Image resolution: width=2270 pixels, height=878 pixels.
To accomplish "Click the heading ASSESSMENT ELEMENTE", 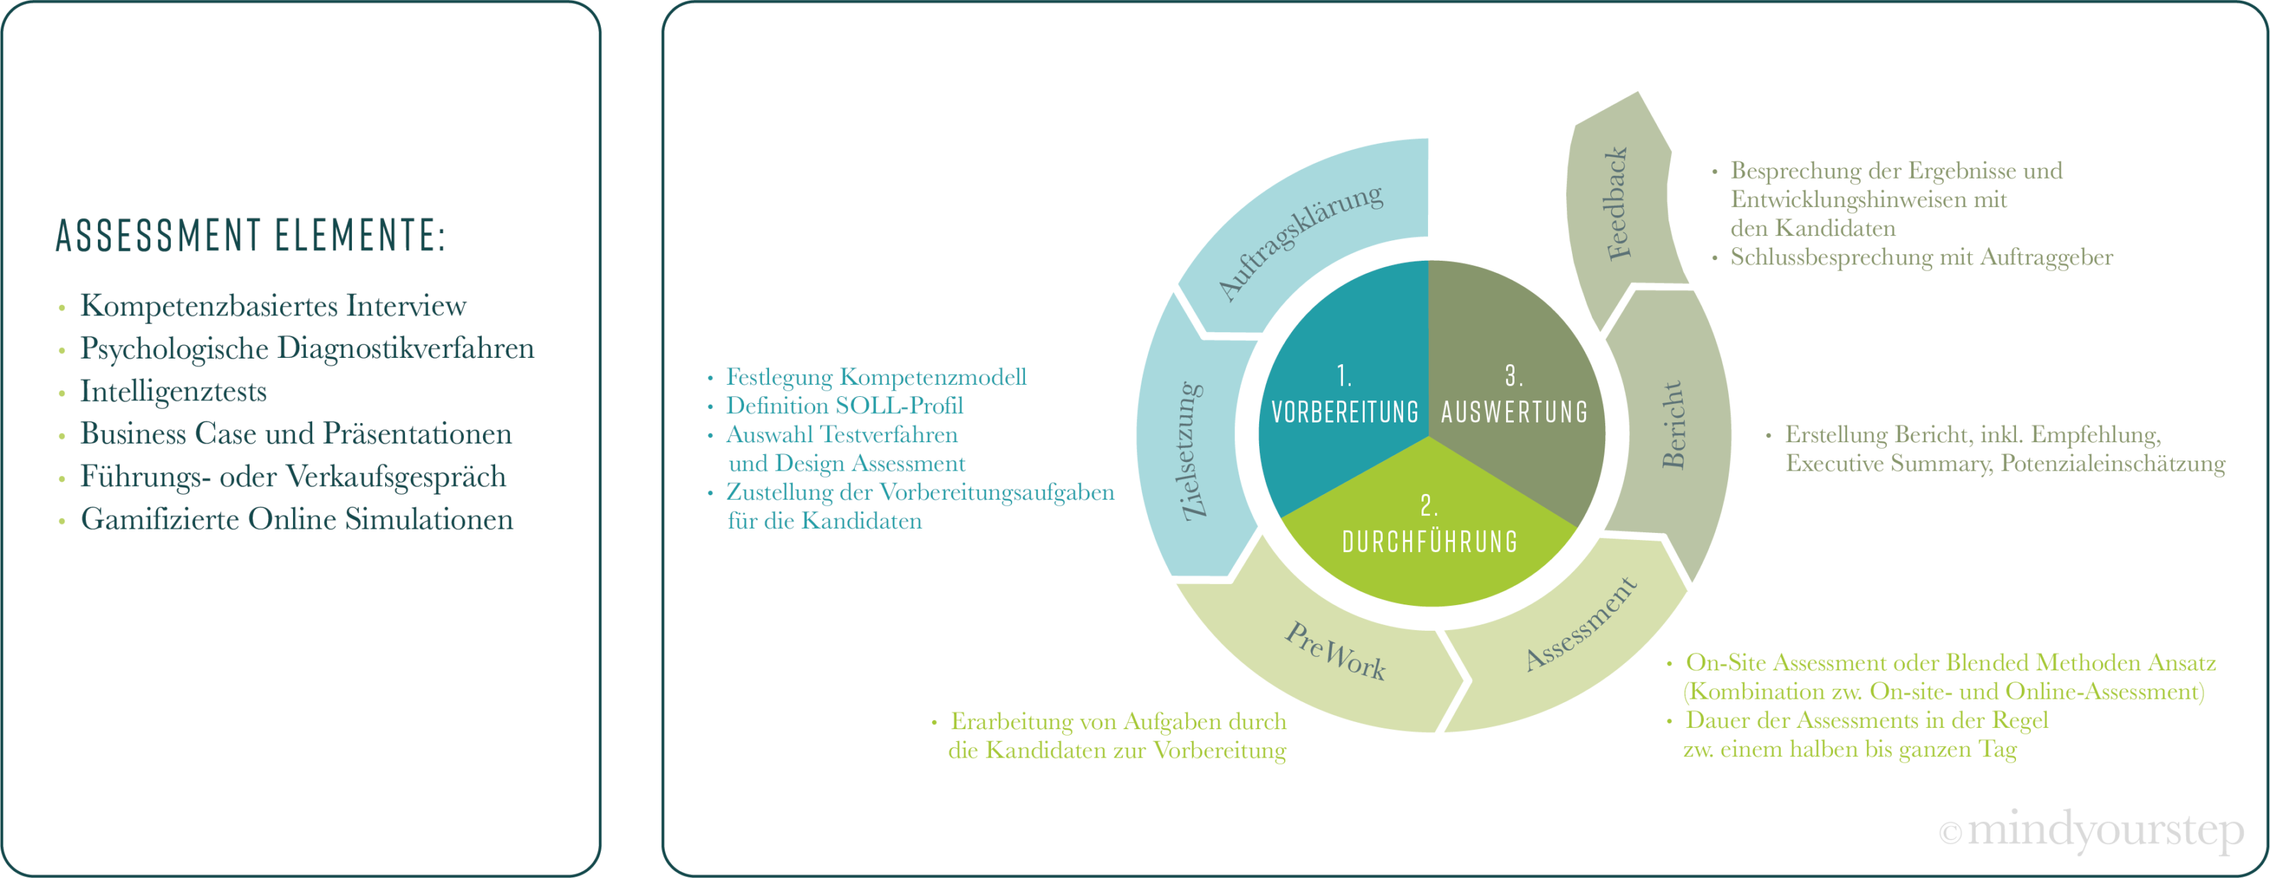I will [x=251, y=235].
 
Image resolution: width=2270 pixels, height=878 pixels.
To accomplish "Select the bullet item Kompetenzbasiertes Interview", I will [x=273, y=305].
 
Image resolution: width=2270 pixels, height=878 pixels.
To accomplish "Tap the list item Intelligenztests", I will [x=174, y=391].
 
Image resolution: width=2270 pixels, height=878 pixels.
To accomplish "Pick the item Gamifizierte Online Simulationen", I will [x=297, y=519].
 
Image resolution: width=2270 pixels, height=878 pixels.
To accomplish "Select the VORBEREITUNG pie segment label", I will [x=1345, y=411].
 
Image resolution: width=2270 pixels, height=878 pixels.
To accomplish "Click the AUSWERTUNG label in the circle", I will [x=1514, y=411].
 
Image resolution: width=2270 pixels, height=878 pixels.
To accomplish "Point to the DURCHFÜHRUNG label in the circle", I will [x=1429, y=541].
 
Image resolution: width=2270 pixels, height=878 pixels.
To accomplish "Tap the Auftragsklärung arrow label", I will [x=1299, y=242].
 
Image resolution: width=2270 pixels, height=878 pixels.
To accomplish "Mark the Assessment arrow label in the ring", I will [x=1581, y=624].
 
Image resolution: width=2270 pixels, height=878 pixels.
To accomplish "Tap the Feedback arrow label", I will [x=1618, y=203].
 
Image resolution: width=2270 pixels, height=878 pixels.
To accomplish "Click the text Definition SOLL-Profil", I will [x=844, y=406].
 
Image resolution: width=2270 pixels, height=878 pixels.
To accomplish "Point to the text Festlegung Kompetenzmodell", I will [x=876, y=377].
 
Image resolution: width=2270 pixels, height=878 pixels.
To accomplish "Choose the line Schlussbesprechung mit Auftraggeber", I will [x=1921, y=257].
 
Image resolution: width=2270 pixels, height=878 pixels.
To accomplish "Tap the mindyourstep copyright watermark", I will [x=2092, y=831].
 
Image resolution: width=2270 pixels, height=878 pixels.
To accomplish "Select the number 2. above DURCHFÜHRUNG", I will [x=1429, y=505].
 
